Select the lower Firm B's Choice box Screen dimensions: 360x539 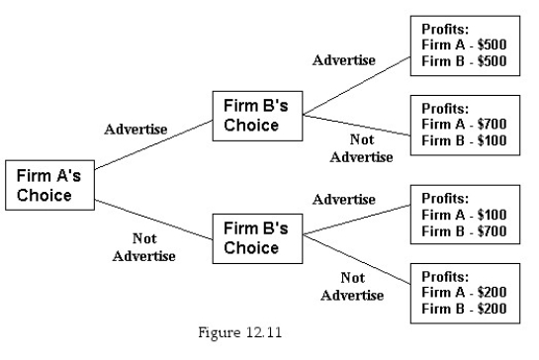pos(256,236)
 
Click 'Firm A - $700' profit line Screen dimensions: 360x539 pos(464,124)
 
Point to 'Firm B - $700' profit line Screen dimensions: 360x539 pos(464,231)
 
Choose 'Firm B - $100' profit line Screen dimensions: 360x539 pos(464,139)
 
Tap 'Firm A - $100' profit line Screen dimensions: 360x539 pos(464,216)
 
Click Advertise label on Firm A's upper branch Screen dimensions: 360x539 pos(135,130)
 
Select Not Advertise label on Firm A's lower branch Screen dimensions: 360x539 pos(143,247)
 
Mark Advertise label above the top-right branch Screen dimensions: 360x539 pos(344,60)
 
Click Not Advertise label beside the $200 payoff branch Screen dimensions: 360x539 pos(351,287)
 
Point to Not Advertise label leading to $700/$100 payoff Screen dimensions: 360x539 pos(361,148)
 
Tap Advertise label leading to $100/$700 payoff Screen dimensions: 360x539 pos(344,200)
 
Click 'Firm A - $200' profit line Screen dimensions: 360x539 pos(464,294)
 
